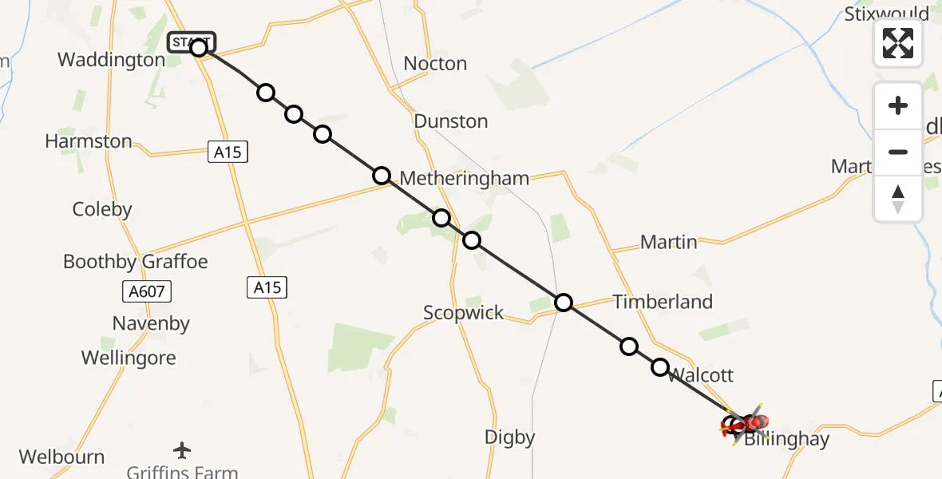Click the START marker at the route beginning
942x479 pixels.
click(192, 42)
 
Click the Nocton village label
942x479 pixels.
click(435, 64)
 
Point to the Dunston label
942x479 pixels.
click(450, 121)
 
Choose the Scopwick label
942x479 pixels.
click(464, 312)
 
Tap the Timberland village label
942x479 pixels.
click(663, 302)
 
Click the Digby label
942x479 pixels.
click(510, 437)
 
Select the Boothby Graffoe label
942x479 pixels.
click(135, 262)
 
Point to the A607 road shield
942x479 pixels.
click(148, 291)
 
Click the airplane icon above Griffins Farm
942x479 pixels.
click(182, 450)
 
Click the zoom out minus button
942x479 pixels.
click(898, 152)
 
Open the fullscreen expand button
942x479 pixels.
click(898, 43)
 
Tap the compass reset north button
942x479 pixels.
click(898, 199)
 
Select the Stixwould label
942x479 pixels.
click(886, 14)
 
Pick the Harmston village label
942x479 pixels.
click(89, 141)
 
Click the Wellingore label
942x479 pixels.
click(129, 358)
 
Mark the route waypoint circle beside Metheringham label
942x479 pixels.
click(382, 176)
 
